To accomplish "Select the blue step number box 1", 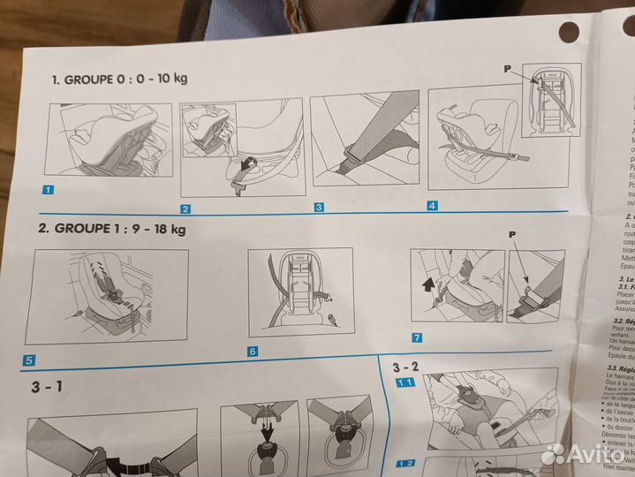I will point(48,189).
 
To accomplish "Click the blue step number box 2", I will point(185,209).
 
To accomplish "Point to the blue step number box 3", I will point(320,208).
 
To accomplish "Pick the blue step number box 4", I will point(432,206).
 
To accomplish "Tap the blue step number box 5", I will point(28,360).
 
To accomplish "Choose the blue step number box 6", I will point(253,352).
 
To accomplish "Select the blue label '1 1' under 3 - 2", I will point(405,382).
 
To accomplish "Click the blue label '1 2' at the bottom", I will point(405,463).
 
